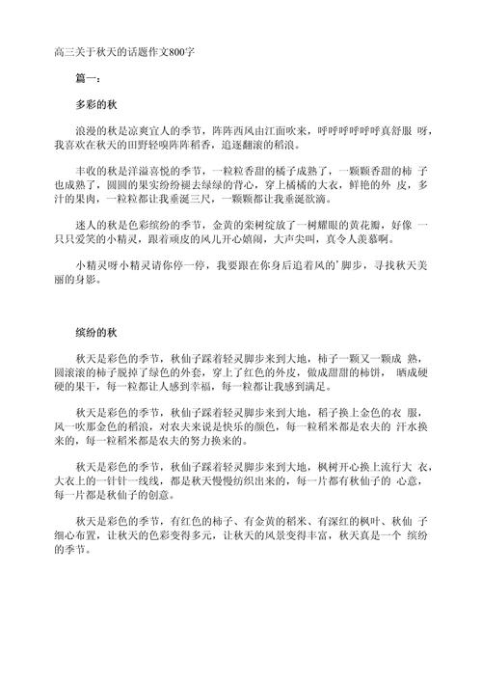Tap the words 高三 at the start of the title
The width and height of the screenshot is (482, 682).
coord(64,50)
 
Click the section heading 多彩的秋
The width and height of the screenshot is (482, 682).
coord(95,102)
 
